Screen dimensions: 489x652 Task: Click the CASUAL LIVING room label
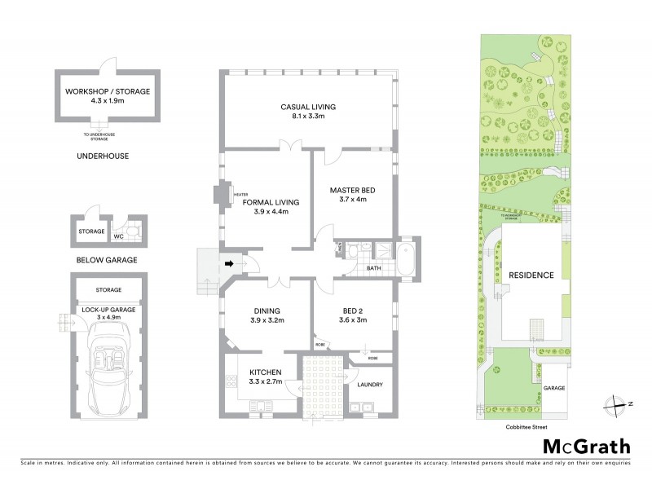coord(308,107)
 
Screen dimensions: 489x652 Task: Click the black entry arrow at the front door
coord(231,263)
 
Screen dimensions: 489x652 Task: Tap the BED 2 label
coord(351,311)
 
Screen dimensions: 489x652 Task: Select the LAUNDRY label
coord(363,384)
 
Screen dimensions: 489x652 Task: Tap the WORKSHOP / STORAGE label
coord(108,92)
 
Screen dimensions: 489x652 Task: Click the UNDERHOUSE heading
coord(103,155)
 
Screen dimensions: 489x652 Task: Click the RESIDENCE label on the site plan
coord(531,275)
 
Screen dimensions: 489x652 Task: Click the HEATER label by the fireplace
coord(241,195)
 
